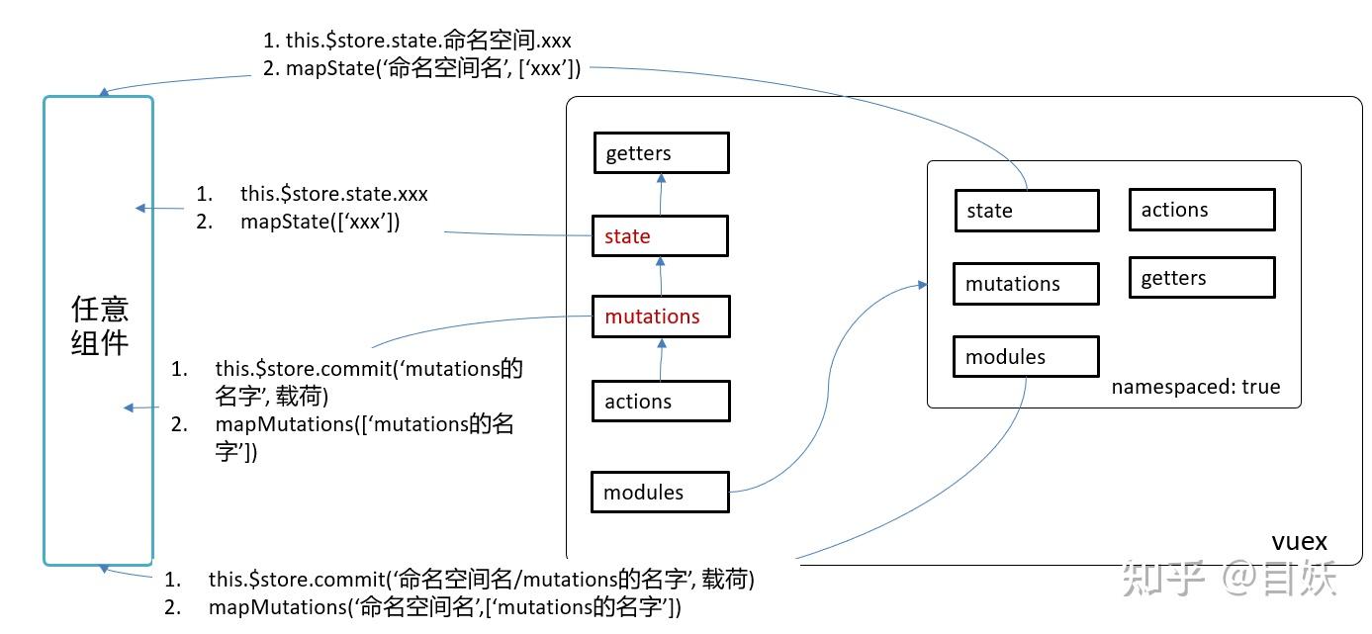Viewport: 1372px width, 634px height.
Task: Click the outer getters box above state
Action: (x=660, y=153)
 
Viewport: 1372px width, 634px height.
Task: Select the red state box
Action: (x=660, y=236)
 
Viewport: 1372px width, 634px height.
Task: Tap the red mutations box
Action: (x=660, y=317)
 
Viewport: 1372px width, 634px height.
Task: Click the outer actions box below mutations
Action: (x=660, y=402)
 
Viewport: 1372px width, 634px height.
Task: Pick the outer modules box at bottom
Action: (x=660, y=492)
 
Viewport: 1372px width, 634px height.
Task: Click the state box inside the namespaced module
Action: (x=1026, y=211)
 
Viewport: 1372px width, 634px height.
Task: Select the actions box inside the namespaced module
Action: (x=1201, y=210)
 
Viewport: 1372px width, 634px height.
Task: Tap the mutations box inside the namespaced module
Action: (x=1026, y=284)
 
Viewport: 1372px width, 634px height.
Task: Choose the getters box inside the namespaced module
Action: (x=1201, y=278)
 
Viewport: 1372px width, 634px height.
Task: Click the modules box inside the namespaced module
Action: (x=1026, y=357)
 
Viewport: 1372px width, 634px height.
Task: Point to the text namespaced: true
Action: (x=1195, y=387)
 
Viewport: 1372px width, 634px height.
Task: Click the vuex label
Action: (x=1298, y=542)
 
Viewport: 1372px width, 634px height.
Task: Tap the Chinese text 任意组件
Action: (x=99, y=326)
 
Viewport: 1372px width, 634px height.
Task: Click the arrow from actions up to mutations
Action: (x=662, y=359)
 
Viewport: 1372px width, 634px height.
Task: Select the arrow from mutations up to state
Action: (x=662, y=276)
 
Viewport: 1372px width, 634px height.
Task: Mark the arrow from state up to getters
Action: (x=662, y=194)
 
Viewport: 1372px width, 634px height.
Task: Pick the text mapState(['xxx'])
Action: (x=320, y=222)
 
